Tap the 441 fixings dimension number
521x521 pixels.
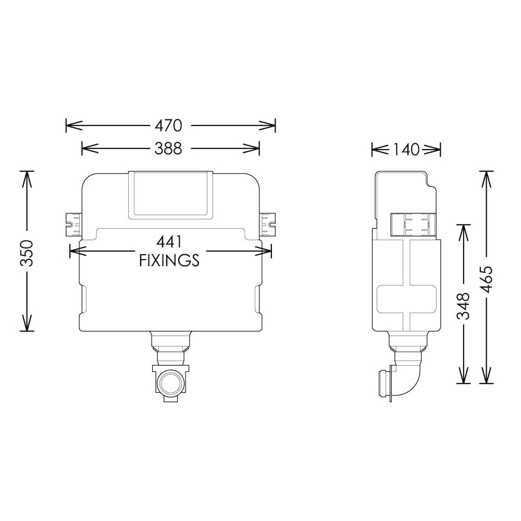coord(169,242)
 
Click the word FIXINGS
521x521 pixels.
coord(169,260)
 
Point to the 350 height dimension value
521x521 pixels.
coord(27,253)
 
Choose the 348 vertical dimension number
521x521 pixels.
coord(463,306)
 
